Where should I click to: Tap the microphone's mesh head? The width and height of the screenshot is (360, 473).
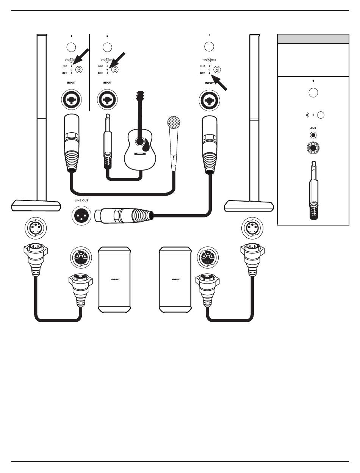174,122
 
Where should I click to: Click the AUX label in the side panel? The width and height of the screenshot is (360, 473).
313,128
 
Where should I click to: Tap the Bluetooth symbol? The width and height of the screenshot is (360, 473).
307,115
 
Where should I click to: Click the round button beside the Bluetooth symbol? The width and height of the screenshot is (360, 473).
321,115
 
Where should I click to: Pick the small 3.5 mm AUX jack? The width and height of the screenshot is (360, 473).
313,135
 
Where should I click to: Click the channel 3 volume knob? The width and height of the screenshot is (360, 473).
313,93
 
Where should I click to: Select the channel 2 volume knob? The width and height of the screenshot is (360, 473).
107,47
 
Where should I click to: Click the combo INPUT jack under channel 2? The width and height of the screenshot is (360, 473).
107,100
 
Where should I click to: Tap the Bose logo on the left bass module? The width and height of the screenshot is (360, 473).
114,279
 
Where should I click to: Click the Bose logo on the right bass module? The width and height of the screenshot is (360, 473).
175,279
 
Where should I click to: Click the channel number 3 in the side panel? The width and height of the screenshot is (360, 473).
313,81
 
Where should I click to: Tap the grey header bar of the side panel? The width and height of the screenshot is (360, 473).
313,39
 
